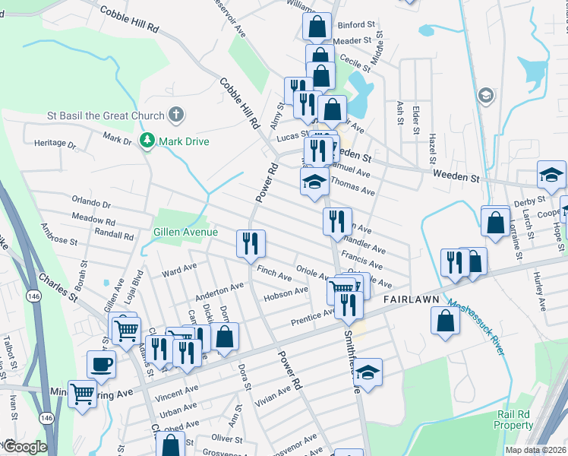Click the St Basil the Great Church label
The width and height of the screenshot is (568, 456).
[x=106, y=116]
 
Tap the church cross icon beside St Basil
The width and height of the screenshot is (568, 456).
[x=175, y=116]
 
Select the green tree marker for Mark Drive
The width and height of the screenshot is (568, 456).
[x=146, y=141]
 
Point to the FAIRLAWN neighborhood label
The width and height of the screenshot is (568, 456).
[x=412, y=299]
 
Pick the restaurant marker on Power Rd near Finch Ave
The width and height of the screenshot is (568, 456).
[x=251, y=244]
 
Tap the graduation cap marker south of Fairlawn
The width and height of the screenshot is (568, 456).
[x=368, y=372]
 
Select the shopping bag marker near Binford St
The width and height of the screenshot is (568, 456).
[x=317, y=27]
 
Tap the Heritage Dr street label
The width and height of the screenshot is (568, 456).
[x=55, y=143]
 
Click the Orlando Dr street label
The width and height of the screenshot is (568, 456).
[x=91, y=204]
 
